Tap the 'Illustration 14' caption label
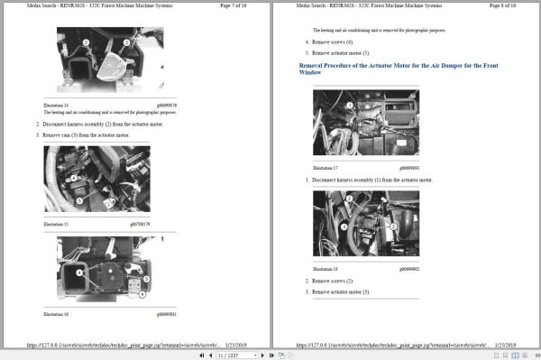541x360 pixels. [56, 104]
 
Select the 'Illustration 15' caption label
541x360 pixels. [56, 223]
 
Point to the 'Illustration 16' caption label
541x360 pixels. [56, 313]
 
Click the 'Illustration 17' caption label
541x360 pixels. [325, 169]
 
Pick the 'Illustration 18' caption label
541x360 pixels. [325, 268]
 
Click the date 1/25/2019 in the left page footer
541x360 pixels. [238, 344]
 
